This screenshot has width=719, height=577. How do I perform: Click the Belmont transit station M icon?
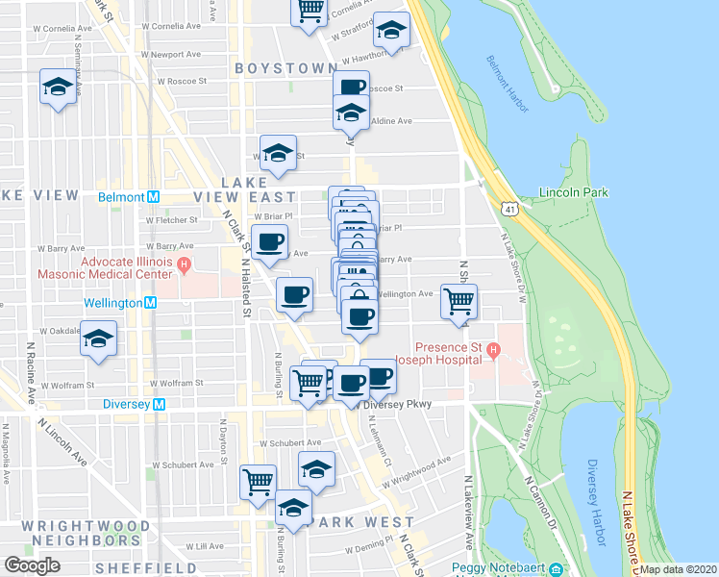pos(152,196)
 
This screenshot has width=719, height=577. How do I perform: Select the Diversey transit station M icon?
pos(160,405)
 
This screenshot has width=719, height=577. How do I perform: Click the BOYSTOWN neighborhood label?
pos(285,69)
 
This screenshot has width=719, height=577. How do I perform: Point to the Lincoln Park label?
pos(574,192)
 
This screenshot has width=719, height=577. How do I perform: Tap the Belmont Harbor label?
pos(507,84)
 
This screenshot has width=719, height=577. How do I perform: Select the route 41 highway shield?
pos(507,207)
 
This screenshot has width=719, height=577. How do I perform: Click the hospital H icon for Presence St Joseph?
pos(492,347)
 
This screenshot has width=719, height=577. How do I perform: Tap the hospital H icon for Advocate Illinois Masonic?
pos(183,262)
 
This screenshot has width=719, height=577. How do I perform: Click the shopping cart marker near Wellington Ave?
pos(459,301)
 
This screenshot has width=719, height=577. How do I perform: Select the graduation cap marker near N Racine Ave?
pos(98,339)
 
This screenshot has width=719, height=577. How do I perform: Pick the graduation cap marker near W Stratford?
pos(391,32)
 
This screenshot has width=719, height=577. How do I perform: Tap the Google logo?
pos(32,565)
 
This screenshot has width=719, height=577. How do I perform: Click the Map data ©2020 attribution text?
pos(678,569)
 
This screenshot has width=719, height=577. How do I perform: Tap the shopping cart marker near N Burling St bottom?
pos(258,481)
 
